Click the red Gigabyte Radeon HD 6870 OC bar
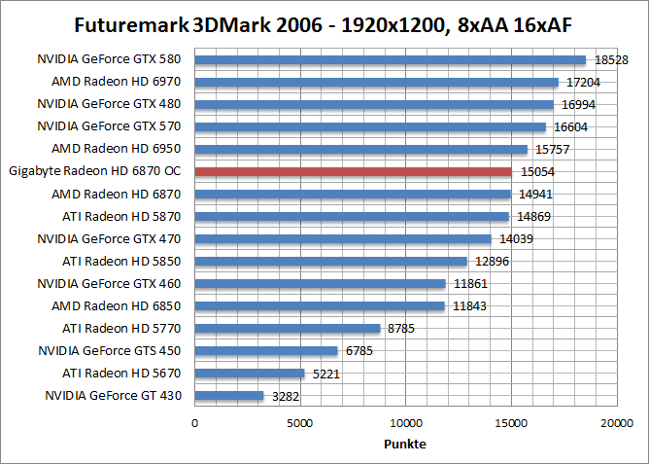[x=354, y=172]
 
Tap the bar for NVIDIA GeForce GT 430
[x=229, y=396]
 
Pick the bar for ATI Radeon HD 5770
[x=288, y=329]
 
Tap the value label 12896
[x=491, y=262]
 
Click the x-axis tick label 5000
[x=300, y=423]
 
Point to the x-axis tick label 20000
[x=616, y=423]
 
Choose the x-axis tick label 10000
[x=405, y=423]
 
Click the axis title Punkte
[x=405, y=444]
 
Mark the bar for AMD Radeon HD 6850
[x=320, y=306]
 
